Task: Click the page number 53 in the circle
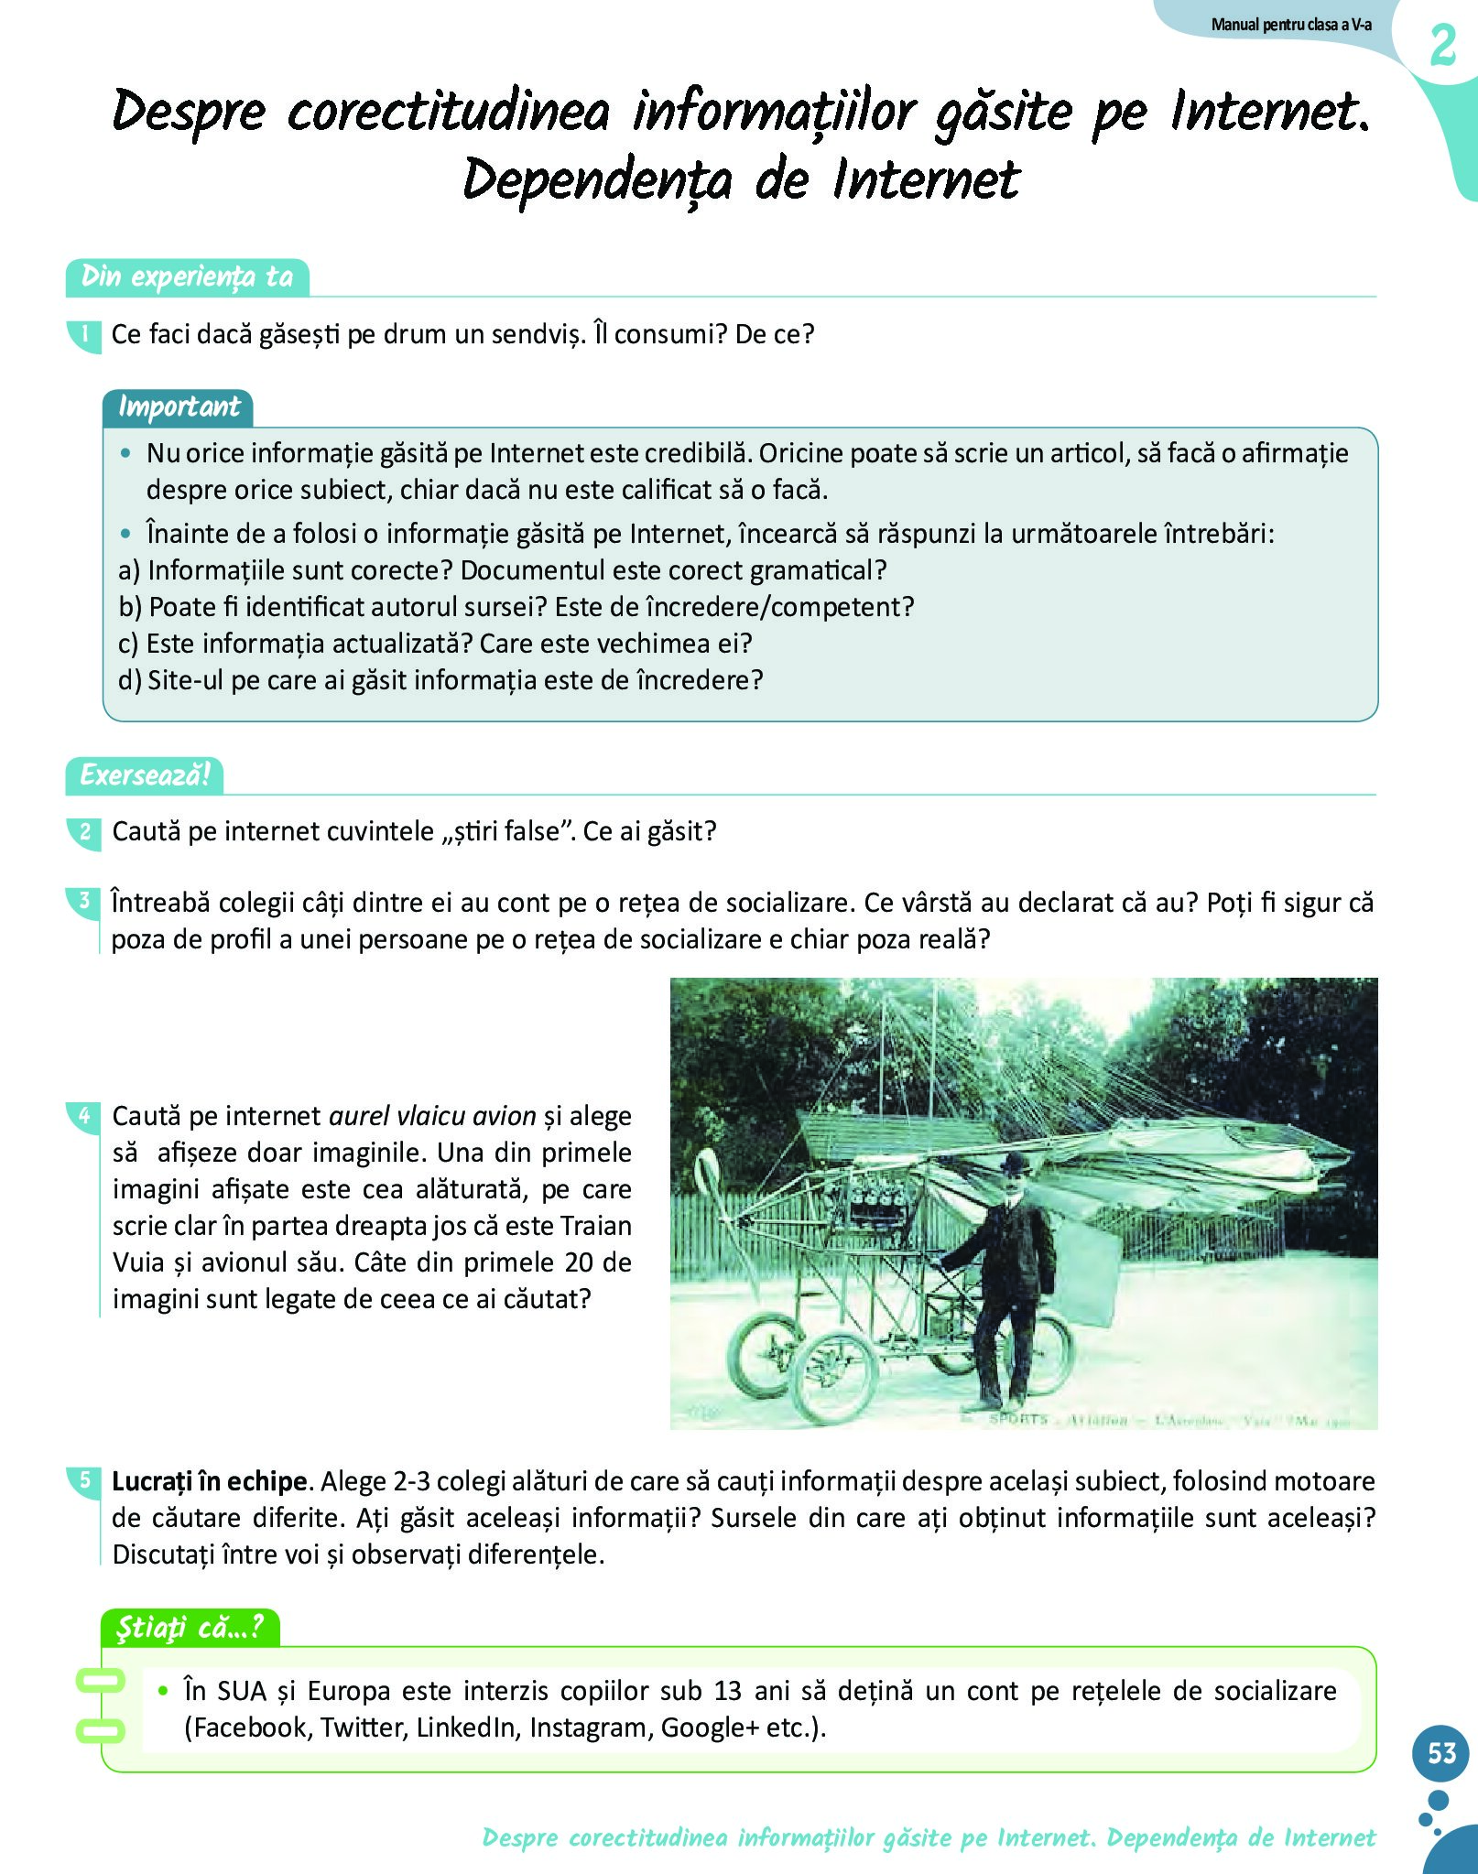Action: (x=1441, y=1751)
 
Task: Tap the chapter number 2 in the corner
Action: (x=1442, y=46)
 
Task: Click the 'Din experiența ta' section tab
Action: (x=187, y=276)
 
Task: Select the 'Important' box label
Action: (x=179, y=406)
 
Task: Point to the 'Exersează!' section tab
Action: (x=145, y=775)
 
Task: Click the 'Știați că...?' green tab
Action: (x=190, y=1627)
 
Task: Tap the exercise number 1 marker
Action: (x=84, y=334)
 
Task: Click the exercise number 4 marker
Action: (x=84, y=1115)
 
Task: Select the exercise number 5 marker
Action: (x=84, y=1480)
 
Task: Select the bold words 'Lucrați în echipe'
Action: (x=210, y=1481)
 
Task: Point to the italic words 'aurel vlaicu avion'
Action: (x=432, y=1116)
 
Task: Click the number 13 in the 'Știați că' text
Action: (x=727, y=1691)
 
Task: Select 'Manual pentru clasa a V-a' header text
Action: (x=1291, y=25)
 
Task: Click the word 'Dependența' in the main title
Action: (x=597, y=179)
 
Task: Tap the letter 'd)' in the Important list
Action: (x=130, y=680)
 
